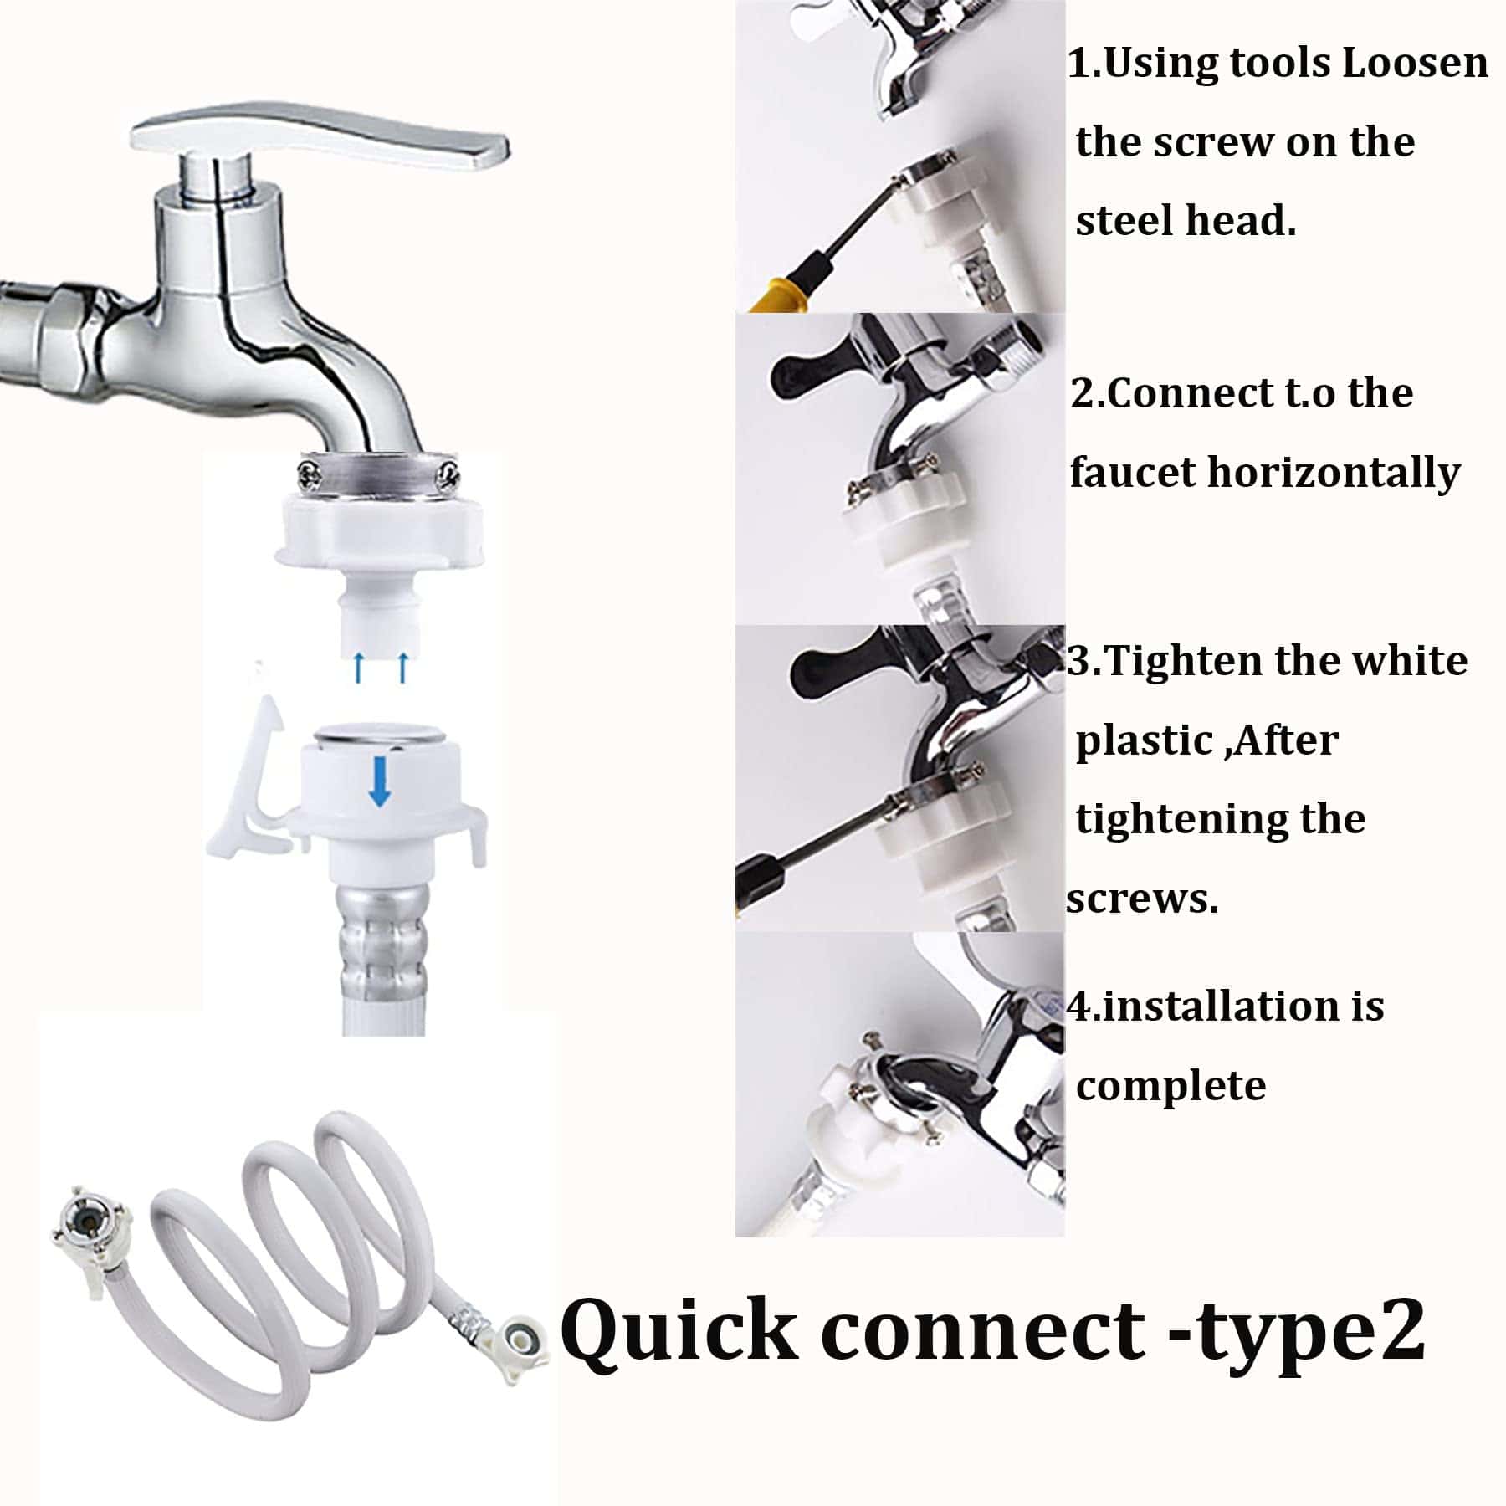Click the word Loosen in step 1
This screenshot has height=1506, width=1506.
point(1415,64)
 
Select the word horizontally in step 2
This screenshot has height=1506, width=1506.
point(1334,474)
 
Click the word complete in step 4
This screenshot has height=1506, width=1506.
point(1170,1087)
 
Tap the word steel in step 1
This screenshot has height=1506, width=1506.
point(1125,222)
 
